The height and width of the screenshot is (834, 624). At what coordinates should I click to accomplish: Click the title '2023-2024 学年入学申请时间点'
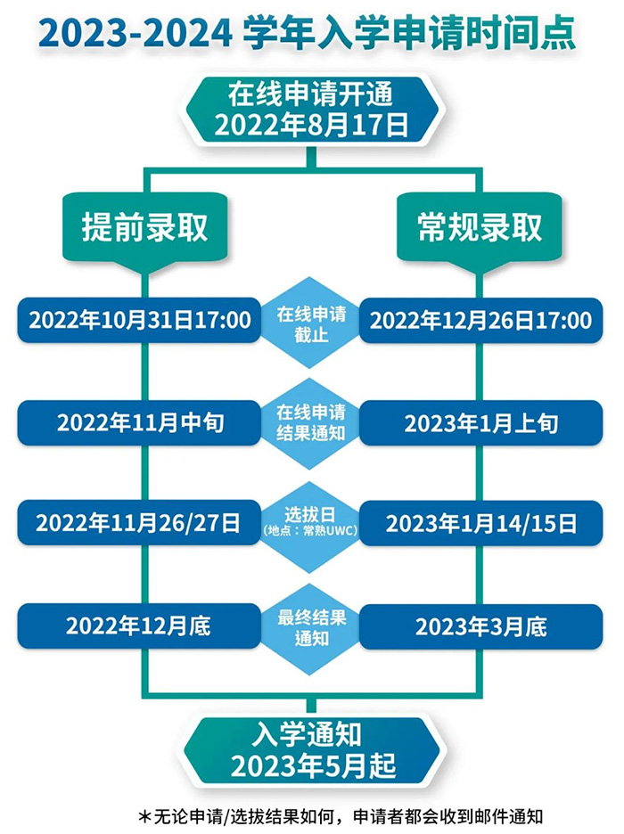(x=308, y=34)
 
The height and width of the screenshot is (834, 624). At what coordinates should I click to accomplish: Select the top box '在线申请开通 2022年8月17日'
(x=312, y=110)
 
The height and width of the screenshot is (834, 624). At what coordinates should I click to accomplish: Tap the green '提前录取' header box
(x=144, y=229)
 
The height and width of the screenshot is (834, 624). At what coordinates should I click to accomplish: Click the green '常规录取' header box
(x=480, y=229)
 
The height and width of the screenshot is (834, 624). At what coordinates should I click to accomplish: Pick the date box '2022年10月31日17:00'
(x=139, y=320)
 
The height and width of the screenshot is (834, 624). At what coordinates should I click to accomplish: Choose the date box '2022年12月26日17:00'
(x=480, y=320)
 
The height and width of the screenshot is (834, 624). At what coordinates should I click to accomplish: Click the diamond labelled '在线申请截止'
(x=311, y=323)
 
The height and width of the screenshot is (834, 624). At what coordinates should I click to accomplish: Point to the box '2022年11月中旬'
(x=139, y=423)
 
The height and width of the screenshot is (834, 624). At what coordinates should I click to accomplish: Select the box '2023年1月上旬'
(x=480, y=423)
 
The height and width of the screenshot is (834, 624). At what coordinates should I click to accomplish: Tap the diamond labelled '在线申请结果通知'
(x=311, y=423)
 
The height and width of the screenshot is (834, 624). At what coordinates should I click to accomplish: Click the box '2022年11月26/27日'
(x=139, y=523)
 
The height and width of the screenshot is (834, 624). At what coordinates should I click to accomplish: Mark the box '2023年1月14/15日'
(x=480, y=523)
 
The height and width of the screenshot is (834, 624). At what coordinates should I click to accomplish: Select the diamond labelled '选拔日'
(x=311, y=527)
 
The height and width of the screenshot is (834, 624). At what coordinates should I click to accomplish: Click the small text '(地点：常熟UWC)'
(x=311, y=531)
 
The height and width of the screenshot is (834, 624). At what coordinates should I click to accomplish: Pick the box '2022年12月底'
(x=139, y=626)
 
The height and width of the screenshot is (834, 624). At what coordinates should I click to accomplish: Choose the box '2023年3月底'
(x=480, y=626)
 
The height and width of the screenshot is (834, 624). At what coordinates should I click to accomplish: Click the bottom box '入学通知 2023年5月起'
(x=312, y=751)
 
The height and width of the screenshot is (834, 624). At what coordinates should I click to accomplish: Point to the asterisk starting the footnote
(x=144, y=816)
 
